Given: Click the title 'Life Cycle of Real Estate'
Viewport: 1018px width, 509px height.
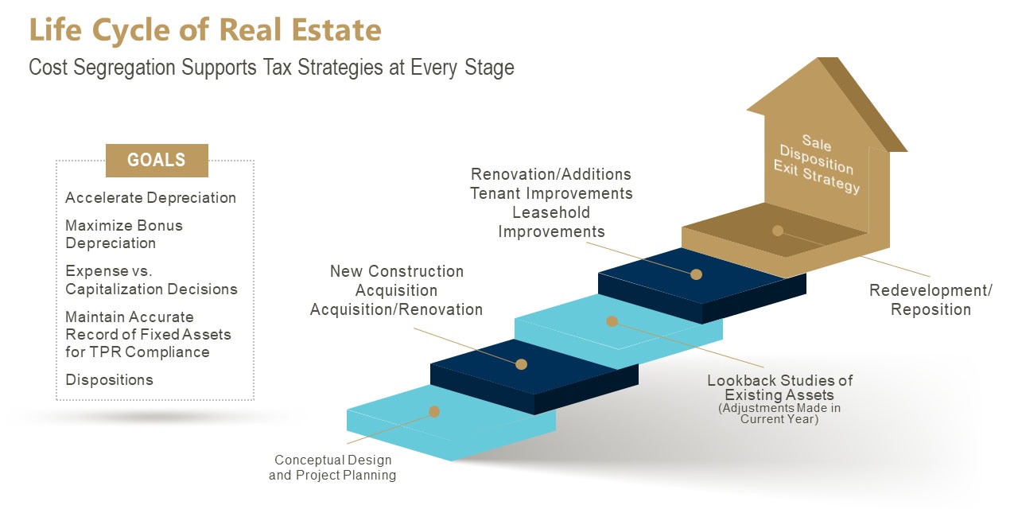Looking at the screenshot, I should tap(205, 30).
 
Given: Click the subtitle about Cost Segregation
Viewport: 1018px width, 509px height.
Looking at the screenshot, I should tap(271, 68).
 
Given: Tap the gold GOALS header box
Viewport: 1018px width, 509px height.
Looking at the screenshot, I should tap(157, 160).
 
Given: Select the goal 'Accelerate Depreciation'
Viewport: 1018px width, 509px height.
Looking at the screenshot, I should tap(150, 198).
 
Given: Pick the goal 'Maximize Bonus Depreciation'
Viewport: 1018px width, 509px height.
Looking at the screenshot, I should tap(124, 234).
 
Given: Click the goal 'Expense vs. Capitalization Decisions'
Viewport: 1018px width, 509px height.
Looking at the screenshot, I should tap(151, 280).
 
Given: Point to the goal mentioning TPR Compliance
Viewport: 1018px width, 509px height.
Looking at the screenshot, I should tap(148, 334).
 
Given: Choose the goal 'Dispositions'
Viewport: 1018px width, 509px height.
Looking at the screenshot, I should tap(109, 380).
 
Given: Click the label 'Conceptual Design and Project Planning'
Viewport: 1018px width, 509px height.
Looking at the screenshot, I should tap(332, 468).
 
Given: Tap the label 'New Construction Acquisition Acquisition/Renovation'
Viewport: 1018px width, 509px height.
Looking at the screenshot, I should tap(396, 290).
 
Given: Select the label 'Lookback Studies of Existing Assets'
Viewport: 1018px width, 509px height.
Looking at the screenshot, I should tap(779, 387).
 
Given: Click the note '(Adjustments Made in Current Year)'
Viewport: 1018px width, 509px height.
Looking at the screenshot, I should tap(779, 414).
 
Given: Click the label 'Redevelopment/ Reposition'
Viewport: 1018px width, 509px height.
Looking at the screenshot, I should tap(931, 300).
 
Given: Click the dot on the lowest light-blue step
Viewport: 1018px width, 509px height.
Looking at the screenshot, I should tap(434, 411).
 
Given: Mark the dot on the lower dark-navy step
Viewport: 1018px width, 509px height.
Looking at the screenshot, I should tap(522, 364).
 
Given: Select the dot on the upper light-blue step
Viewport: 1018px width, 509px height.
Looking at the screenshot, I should tap(612, 321).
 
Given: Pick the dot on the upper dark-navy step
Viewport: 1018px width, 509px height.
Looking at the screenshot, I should tap(696, 274).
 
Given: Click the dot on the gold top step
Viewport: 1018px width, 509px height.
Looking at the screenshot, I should tap(778, 231).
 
